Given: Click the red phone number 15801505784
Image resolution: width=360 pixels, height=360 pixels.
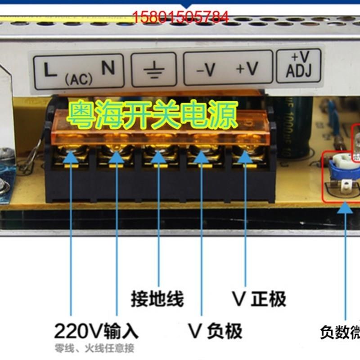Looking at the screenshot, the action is point(180,18).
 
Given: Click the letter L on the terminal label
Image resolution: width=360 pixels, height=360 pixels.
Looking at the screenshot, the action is point(50,70).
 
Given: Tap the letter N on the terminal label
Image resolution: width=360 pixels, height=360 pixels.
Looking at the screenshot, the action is point(108,68).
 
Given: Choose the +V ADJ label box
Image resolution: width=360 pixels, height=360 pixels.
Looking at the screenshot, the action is point(299,65).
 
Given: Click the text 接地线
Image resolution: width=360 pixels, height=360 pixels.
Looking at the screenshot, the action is point(157,299).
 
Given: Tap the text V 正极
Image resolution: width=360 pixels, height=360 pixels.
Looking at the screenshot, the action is point(259,299).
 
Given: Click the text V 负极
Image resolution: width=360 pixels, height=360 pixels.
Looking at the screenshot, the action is point(215,332).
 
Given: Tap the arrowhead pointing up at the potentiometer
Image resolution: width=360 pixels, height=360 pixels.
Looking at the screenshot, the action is point(346,208).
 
